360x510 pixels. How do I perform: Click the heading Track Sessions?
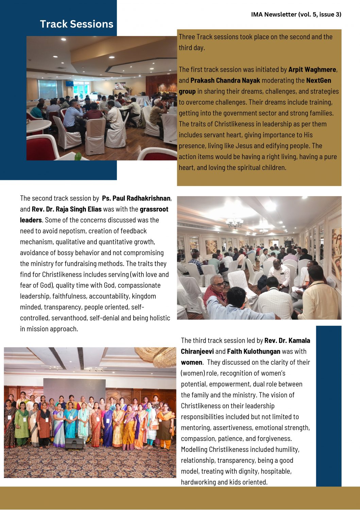pyautogui.click(x=76, y=24)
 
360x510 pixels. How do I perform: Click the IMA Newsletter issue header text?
pyautogui.click(x=296, y=14)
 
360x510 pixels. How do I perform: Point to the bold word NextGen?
pyautogui.click(x=319, y=81)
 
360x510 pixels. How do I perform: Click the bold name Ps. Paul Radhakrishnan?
pyautogui.click(x=136, y=198)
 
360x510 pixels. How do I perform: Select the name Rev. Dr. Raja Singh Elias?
pyautogui.click(x=67, y=209)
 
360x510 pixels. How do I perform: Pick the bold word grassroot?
pyautogui.click(x=154, y=209)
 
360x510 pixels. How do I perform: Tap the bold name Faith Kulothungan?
pyautogui.click(x=254, y=352)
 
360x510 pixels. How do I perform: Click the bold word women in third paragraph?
pyautogui.click(x=191, y=362)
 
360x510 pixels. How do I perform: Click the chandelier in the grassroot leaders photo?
pyautogui.click(x=235, y=223)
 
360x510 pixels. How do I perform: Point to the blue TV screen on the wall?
pyautogui.click(x=69, y=84)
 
